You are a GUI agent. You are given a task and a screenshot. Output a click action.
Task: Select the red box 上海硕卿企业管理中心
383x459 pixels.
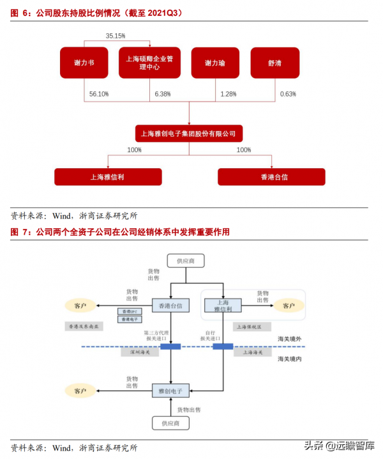[x=150, y=63]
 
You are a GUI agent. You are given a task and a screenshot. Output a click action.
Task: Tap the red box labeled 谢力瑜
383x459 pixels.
[x=215, y=63]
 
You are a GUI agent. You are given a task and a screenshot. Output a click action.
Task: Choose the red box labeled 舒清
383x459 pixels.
[x=275, y=63]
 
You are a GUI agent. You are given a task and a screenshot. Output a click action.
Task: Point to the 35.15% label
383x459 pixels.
[x=116, y=36]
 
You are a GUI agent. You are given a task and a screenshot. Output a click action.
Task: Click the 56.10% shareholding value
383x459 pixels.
[x=99, y=94]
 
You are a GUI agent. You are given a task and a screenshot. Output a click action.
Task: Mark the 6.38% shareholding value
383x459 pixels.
[x=163, y=94]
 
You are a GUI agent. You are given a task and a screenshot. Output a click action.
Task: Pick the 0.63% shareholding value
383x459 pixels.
[x=288, y=94]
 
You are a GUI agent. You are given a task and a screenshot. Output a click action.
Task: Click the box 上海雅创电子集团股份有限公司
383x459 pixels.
[x=188, y=134]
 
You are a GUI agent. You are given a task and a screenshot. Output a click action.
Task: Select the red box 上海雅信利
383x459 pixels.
[x=108, y=176]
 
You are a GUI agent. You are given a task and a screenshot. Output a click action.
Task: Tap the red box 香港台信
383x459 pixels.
[x=271, y=176]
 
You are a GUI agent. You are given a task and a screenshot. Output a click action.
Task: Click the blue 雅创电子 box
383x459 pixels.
[x=170, y=390]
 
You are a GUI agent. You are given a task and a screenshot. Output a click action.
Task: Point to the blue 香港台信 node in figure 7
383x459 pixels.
[x=170, y=306]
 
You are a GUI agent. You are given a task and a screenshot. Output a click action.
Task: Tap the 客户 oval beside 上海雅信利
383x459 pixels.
[x=289, y=306]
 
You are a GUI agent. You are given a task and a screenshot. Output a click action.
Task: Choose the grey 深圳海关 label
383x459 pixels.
[x=140, y=352]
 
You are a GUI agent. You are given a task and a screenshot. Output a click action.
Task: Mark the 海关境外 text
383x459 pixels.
[x=290, y=338]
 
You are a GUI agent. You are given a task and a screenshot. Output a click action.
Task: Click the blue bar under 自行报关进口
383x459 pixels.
[x=223, y=346]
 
